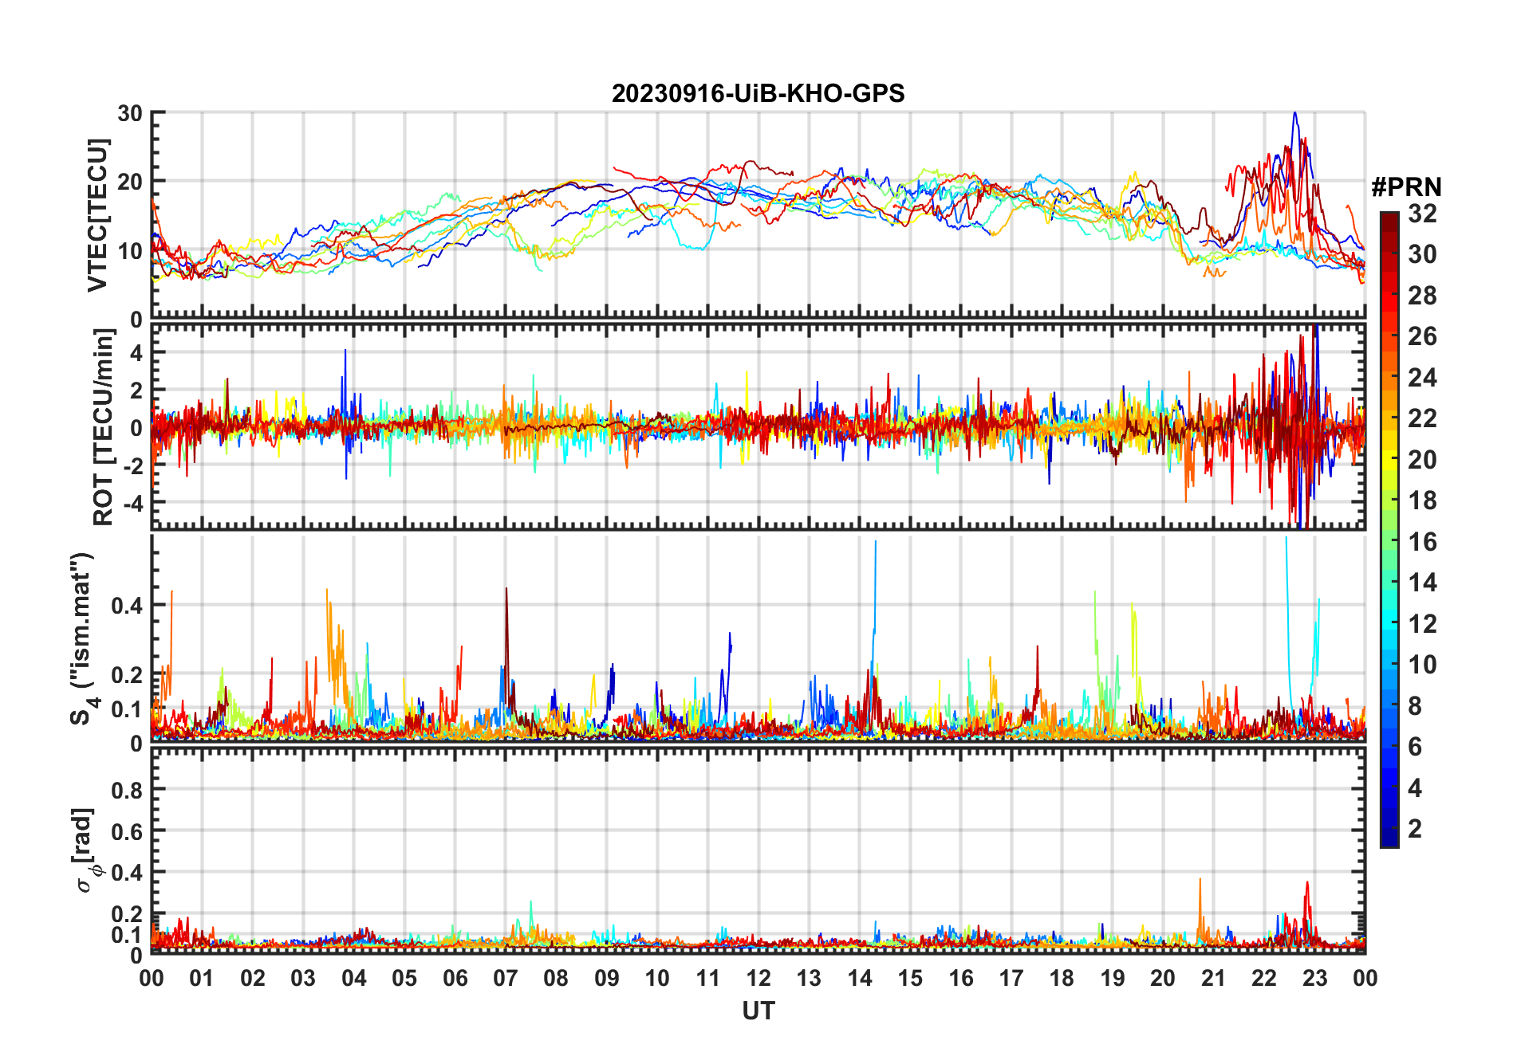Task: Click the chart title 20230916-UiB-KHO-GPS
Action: [x=758, y=94]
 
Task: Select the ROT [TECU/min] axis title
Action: [x=103, y=427]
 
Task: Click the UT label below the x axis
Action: [x=758, y=1011]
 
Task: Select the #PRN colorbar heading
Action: [x=1406, y=187]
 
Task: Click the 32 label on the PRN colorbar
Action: [x=1422, y=214]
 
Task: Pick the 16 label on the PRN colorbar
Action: [x=1422, y=542]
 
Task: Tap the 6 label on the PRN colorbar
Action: [x=1415, y=747]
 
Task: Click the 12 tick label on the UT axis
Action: [x=758, y=978]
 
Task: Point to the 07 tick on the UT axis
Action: [x=506, y=978]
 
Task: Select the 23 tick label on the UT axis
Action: [x=1314, y=978]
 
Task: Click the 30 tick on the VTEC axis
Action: [x=130, y=113]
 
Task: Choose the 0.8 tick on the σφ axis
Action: [x=126, y=790]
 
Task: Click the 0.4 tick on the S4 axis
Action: [x=126, y=605]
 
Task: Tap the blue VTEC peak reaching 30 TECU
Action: [x=1294, y=114]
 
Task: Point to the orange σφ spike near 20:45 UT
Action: [x=1200, y=881]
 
